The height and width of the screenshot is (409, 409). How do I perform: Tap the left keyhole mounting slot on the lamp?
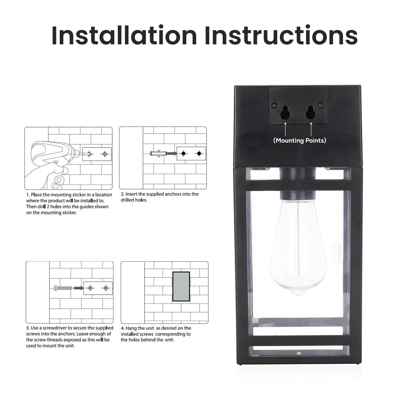click(286, 113)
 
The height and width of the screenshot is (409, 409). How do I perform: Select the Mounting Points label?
click(299, 140)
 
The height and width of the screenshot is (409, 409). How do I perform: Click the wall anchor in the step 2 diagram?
click(159, 153)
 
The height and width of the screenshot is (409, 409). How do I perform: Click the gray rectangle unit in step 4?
click(181, 286)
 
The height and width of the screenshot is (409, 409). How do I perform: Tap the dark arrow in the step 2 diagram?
click(172, 153)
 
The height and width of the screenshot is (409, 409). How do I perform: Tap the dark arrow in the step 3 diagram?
click(79, 288)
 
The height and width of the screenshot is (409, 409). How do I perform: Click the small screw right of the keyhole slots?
click(321, 105)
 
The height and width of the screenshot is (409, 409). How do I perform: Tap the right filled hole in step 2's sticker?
click(199, 153)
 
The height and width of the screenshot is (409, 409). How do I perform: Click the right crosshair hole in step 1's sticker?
click(105, 154)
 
